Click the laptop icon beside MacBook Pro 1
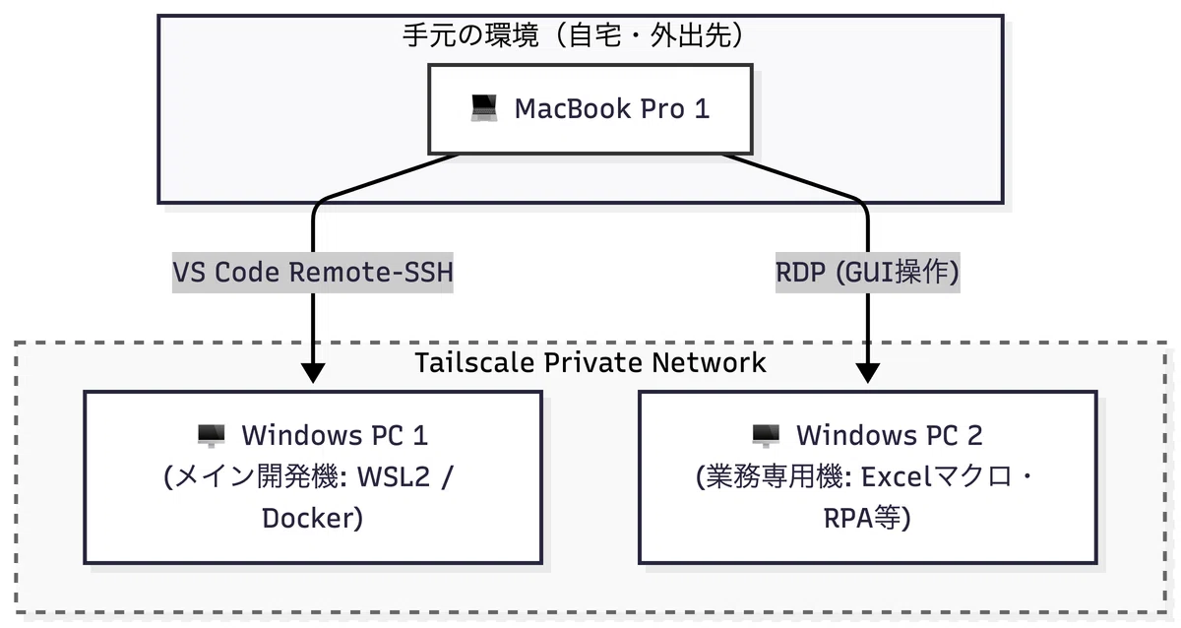point(484,108)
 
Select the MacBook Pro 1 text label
point(612,108)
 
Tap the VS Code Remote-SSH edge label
point(313,273)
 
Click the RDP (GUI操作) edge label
point(867,273)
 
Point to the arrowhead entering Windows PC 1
point(313,373)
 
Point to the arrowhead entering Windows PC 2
point(867,373)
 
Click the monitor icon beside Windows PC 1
point(211,436)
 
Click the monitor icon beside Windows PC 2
point(766,436)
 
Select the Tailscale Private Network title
point(590,363)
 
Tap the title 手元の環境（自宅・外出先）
point(573,35)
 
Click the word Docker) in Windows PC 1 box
point(313,518)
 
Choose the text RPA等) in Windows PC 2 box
point(867,518)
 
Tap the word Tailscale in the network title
point(475,363)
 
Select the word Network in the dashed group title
point(710,363)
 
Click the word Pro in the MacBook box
point(662,108)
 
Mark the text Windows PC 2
point(890,435)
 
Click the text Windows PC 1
point(335,435)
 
